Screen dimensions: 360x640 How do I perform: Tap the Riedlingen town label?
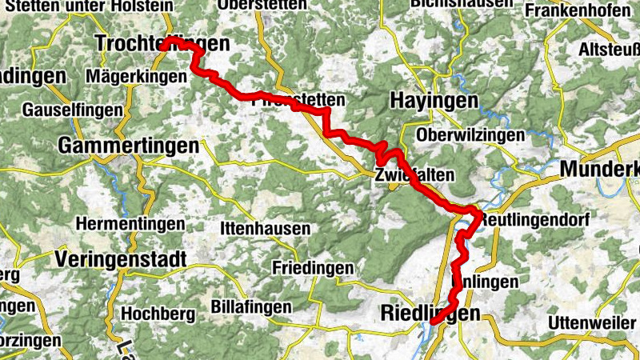pos(431,313)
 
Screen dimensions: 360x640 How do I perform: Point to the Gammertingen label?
pos(128,147)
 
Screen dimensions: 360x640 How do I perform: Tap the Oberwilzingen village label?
pos(470,135)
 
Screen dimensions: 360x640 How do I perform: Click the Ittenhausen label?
pos(264,229)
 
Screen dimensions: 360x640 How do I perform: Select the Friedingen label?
pos(312,267)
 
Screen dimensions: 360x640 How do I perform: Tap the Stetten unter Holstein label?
pos(88,6)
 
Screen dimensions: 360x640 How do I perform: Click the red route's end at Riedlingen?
pos(434,322)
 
